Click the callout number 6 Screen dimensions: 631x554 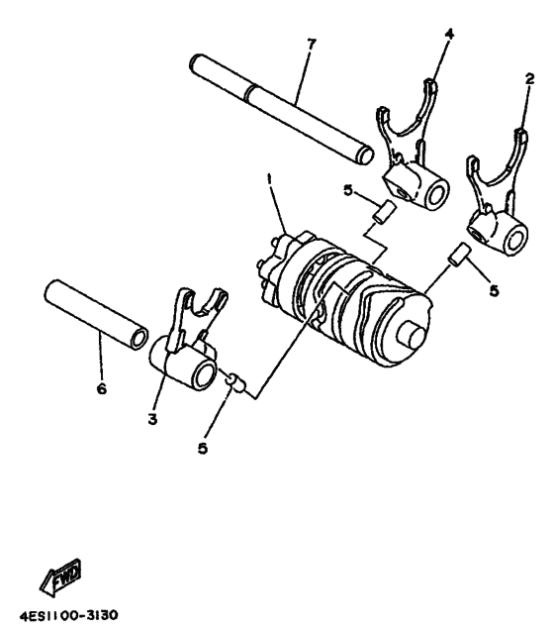coord(101,389)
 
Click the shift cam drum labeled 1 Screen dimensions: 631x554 coord(346,292)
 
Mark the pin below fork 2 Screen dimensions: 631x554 coord(457,255)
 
